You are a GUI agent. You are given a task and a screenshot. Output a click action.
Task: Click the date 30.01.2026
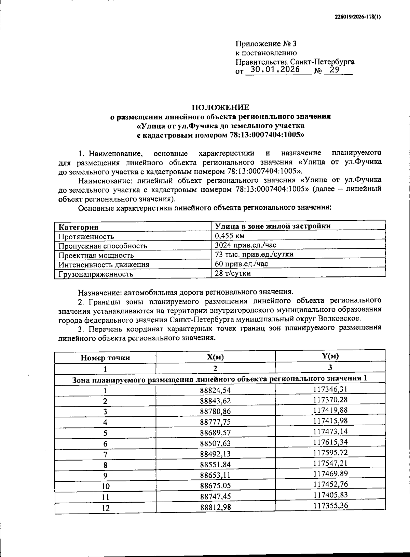click(275, 70)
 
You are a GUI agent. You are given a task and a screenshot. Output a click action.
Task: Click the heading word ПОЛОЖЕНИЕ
click(220, 107)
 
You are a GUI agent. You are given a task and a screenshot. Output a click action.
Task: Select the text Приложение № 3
click(266, 44)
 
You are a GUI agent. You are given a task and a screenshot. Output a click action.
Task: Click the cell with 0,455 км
click(230, 236)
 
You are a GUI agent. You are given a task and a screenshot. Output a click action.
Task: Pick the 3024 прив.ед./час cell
click(245, 245)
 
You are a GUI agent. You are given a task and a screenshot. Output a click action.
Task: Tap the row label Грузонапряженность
click(95, 274)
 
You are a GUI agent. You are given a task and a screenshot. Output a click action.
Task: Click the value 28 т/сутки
click(233, 273)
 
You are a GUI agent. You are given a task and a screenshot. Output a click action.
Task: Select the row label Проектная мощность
click(96, 255)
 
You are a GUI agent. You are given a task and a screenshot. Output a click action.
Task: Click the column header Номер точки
click(105, 358)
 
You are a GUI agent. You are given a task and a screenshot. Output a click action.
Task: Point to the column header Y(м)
click(330, 356)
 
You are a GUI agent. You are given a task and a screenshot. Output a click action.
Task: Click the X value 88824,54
click(215, 390)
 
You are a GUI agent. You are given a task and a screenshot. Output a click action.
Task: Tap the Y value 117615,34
click(330, 442)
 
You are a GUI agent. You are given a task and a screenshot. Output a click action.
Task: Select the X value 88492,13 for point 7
click(215, 454)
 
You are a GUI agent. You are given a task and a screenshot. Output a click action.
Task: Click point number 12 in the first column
click(106, 508)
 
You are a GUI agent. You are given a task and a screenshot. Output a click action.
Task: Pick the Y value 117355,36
click(330, 505)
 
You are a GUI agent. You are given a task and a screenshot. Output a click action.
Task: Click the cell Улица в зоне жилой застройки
click(272, 226)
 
